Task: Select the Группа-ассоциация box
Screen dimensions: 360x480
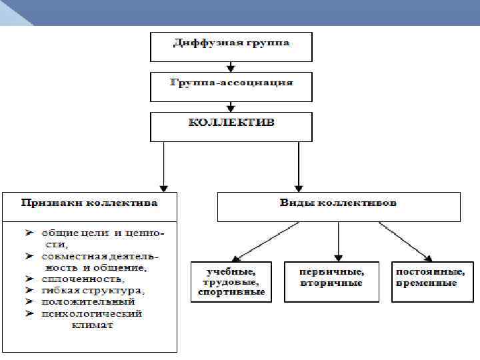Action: coord(231,84)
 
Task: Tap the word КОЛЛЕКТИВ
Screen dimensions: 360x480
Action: coord(231,123)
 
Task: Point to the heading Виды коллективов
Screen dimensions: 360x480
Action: coord(338,202)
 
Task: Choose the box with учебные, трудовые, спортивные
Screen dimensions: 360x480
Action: coord(231,282)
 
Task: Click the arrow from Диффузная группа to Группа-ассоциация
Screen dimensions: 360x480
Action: coord(231,66)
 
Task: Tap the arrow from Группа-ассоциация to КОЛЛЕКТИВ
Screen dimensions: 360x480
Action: coord(231,105)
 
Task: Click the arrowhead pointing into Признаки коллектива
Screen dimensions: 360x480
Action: coord(163,189)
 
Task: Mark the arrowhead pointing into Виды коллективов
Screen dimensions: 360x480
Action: coord(299,189)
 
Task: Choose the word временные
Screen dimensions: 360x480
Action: coord(427,283)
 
